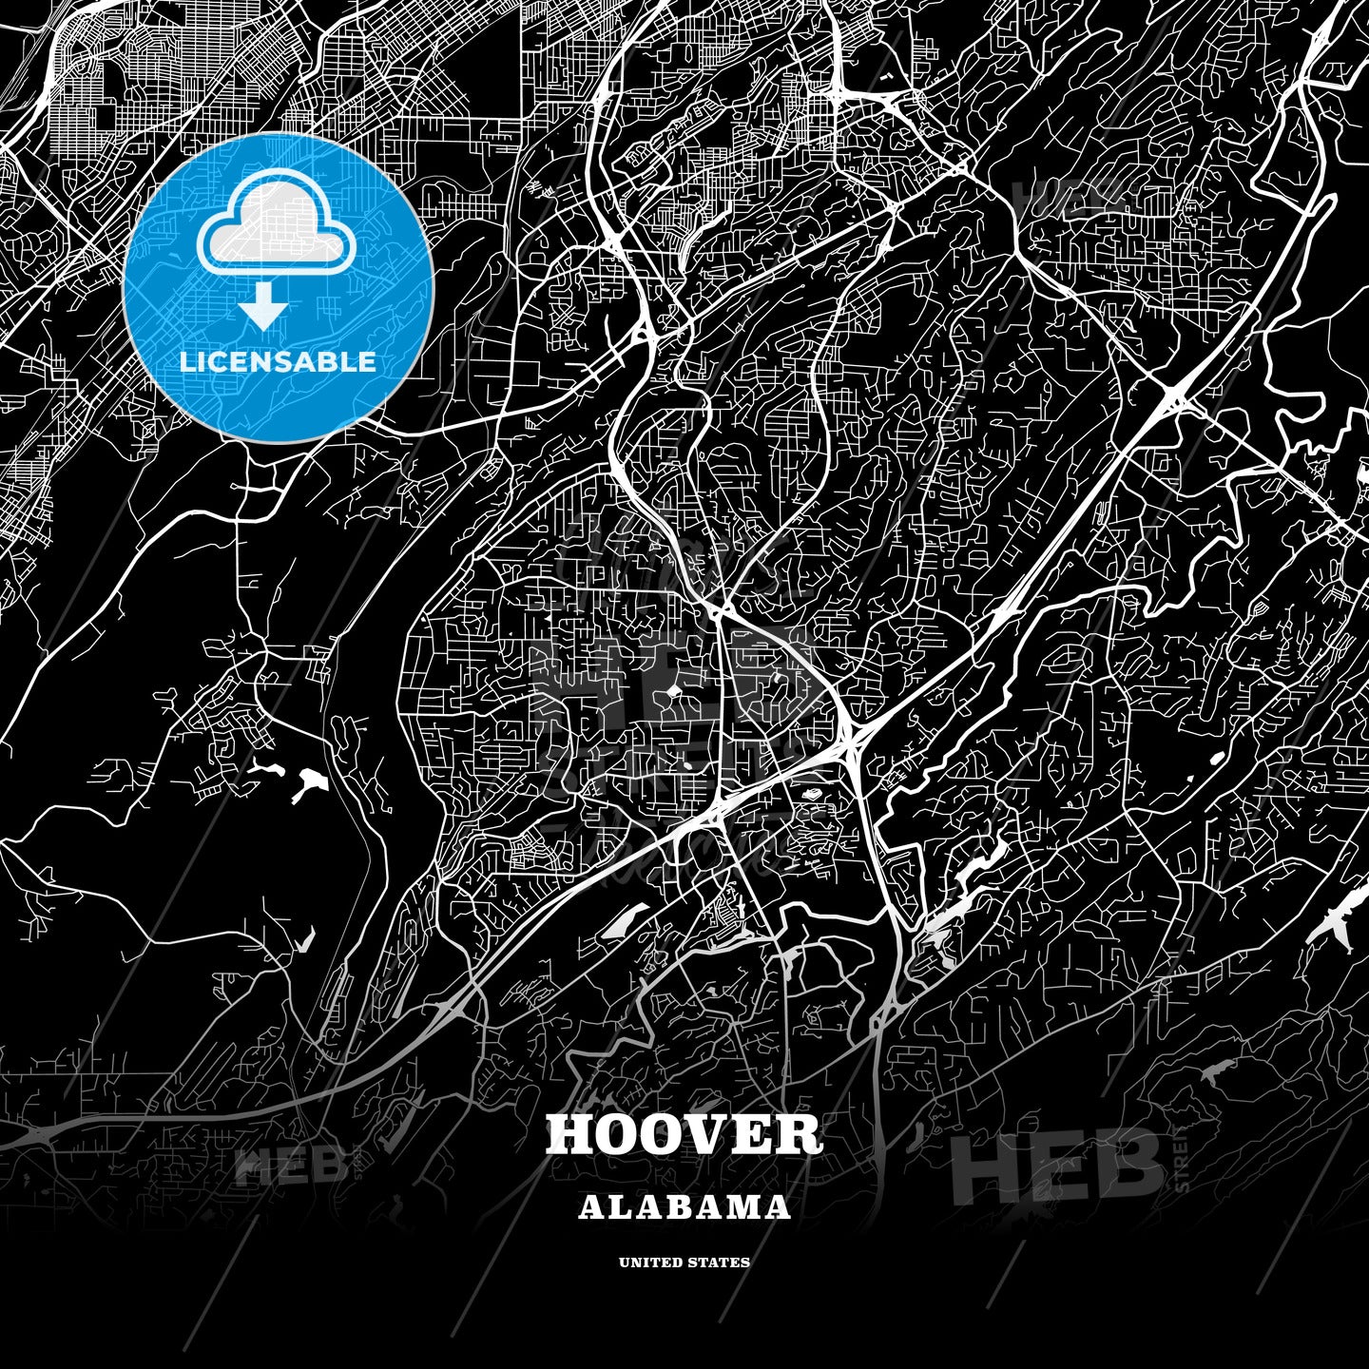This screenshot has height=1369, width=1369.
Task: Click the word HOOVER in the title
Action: (x=684, y=1134)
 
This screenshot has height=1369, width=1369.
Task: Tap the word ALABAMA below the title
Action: (x=684, y=1207)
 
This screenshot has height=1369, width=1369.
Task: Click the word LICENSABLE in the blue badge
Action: (x=278, y=362)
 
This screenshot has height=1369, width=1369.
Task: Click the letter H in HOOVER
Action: (x=570, y=1134)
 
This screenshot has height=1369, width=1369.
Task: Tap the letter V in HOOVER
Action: (x=707, y=1134)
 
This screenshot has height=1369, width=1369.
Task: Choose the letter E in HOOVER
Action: (x=753, y=1134)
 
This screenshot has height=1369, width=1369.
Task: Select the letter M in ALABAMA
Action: (x=744, y=1207)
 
